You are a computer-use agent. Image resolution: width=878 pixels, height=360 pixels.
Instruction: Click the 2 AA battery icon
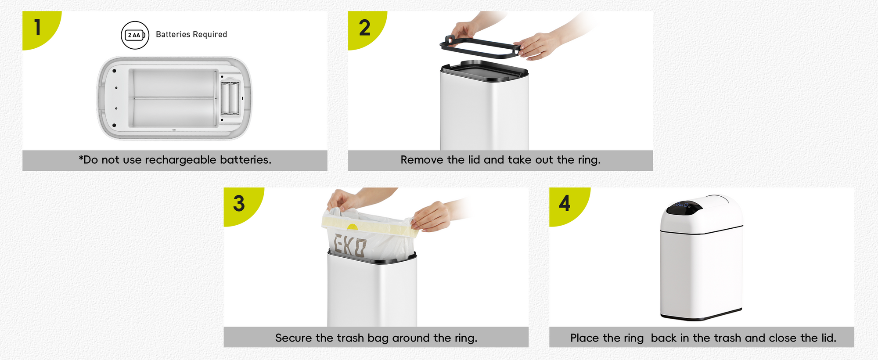point(135,35)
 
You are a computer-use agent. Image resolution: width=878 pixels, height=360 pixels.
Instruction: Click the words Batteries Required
point(191,35)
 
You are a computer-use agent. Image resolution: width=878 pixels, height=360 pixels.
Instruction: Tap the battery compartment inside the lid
point(230,97)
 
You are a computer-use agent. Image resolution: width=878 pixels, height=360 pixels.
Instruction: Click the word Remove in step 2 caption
point(422,160)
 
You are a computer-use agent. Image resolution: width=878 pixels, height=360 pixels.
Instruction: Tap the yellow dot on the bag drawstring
point(352,227)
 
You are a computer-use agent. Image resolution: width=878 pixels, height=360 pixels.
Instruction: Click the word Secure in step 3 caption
point(294,338)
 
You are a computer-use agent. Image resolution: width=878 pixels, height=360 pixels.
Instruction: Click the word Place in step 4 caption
point(585,338)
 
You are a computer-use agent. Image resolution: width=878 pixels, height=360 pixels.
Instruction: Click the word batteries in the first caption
point(245,160)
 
